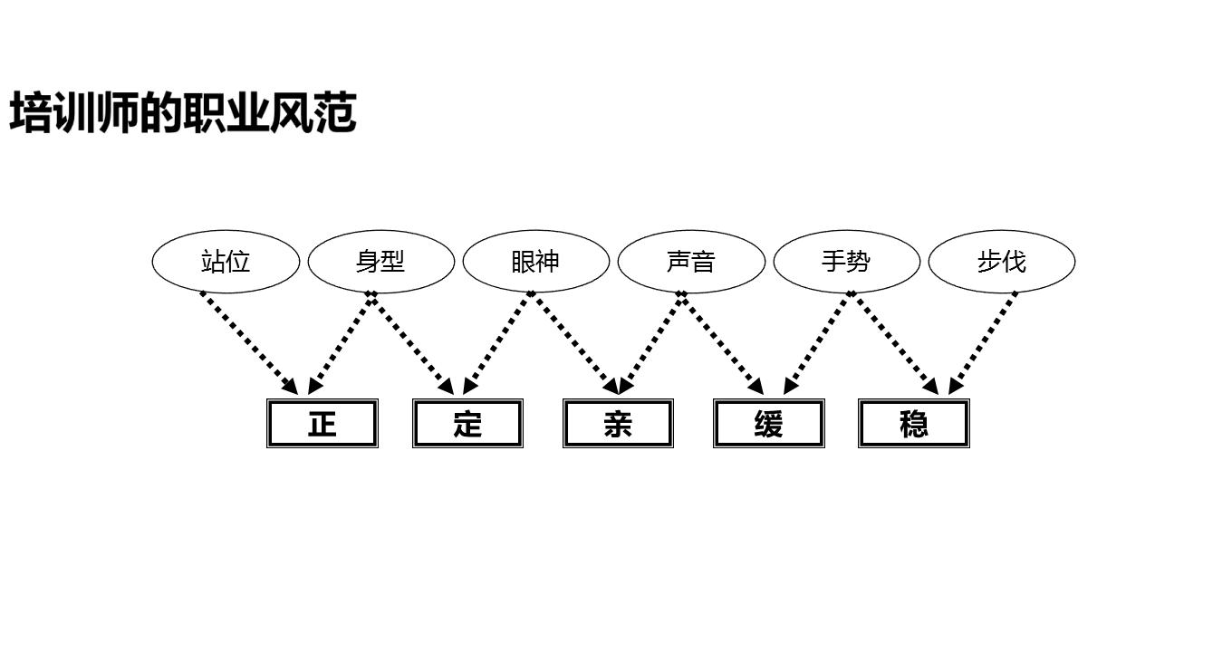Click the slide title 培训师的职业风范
tap(183, 113)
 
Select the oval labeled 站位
tap(226, 262)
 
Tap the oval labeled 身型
tap(380, 262)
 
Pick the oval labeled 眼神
tap(535, 262)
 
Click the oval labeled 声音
tap(691, 262)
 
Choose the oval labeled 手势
tap(846, 262)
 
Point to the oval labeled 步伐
tap(1002, 262)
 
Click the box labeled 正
tap(322, 423)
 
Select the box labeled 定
tap(467, 423)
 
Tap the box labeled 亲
tap(618, 423)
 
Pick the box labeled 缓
tap(768, 423)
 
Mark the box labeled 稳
tap(914, 423)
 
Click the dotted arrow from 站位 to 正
tap(249, 343)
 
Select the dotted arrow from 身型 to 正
tap(341, 343)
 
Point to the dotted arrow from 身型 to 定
tap(413, 343)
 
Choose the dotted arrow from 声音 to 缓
tap(723, 343)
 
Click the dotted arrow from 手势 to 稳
tap(895, 343)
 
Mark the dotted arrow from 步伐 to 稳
tap(983, 343)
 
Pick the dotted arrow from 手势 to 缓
tap(817, 343)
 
